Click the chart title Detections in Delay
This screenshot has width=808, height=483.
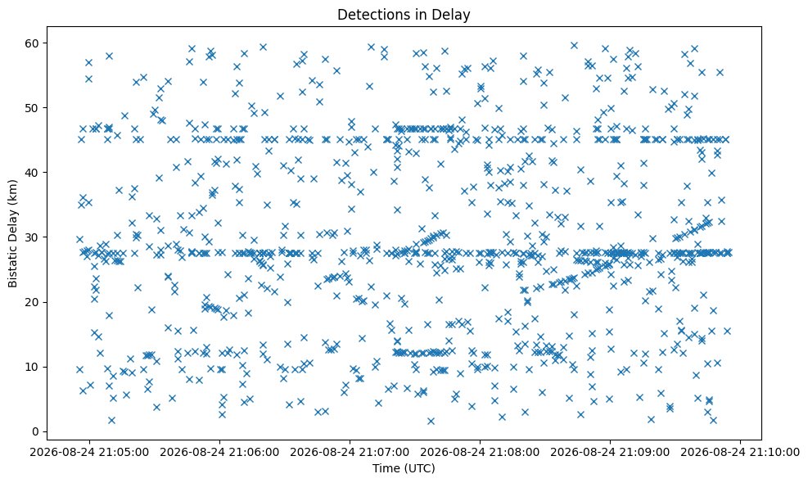404,15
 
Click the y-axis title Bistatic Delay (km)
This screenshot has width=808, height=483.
12,233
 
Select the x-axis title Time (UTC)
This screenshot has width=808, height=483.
404,468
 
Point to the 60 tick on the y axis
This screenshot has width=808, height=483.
36,43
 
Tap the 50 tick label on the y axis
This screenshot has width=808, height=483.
36,108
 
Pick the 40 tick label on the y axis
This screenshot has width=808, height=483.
36,172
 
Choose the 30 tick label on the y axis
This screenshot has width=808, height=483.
36,237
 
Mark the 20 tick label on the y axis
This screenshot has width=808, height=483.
36,302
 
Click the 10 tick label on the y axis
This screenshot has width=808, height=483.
36,367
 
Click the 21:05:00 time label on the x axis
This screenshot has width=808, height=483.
89,452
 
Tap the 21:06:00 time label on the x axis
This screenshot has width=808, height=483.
219,452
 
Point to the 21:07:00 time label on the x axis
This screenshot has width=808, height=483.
350,452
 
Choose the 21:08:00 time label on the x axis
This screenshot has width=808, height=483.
481,452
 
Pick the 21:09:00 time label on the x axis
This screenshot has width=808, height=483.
611,452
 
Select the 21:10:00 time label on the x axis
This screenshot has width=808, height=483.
741,452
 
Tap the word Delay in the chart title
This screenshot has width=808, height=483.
454,16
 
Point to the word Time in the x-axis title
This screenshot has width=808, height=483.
384,468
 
